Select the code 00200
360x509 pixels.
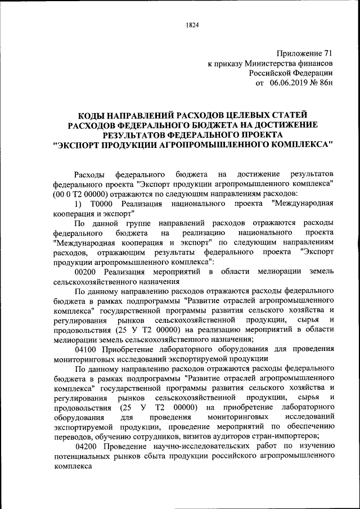coord(85,273)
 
